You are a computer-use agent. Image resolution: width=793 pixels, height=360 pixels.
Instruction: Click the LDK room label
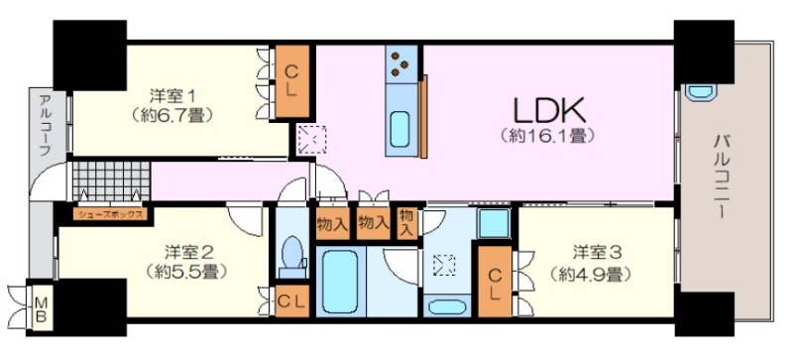[x=549, y=109]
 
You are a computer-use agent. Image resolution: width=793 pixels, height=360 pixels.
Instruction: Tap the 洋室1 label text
[x=172, y=95]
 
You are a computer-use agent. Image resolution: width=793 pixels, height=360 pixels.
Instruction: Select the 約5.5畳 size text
[x=186, y=273]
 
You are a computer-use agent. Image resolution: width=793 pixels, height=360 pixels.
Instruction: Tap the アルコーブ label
[x=44, y=125]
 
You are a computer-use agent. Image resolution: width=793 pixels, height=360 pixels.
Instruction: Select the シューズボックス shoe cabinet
[x=110, y=214]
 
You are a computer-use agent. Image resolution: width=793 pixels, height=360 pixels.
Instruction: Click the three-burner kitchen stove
[x=401, y=63]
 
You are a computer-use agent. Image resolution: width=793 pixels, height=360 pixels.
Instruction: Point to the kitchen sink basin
[x=399, y=129]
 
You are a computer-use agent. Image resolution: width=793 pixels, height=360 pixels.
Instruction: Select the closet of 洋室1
[x=291, y=81]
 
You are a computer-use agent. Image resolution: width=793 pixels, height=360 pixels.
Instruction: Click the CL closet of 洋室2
[x=291, y=301]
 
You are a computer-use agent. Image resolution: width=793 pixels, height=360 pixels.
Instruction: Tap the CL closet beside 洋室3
[x=495, y=281]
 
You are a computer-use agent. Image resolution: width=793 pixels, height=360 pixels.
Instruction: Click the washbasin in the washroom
[x=447, y=306]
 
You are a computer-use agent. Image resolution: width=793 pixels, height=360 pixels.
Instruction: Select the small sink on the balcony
[x=701, y=92]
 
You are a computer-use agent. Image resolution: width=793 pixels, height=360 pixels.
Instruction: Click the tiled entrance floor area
[x=111, y=181]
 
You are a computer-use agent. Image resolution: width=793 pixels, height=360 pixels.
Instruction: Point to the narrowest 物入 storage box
[x=407, y=223]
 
